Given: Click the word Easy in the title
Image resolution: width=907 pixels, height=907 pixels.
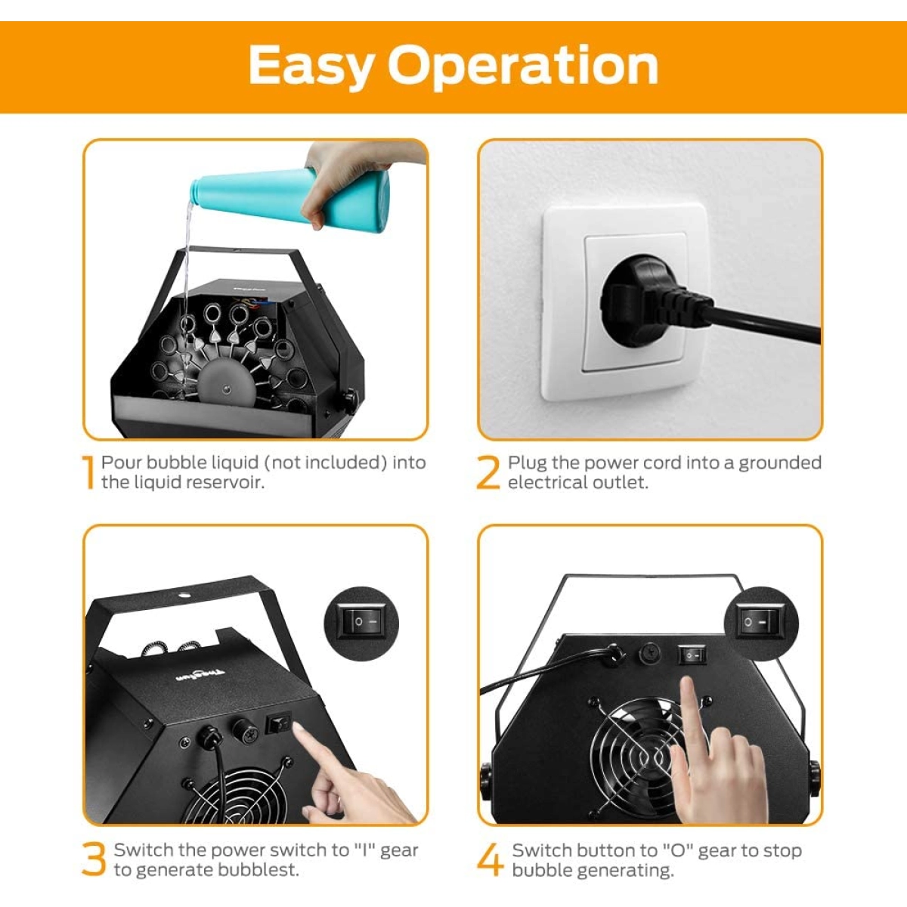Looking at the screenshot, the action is [311, 66].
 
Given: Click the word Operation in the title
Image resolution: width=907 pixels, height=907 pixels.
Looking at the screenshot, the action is [522, 66].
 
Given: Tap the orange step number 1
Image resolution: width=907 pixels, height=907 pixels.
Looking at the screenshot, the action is [88, 472].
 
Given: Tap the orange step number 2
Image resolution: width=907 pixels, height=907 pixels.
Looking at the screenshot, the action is [488, 472].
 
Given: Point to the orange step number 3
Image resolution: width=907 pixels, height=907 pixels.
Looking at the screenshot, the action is [94, 859].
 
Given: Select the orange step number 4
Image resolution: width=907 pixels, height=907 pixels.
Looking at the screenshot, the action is [490, 859].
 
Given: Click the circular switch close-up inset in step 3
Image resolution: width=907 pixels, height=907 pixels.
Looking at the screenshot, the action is [361, 623].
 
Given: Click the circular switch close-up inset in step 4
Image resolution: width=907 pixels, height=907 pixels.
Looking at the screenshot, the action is [760, 623].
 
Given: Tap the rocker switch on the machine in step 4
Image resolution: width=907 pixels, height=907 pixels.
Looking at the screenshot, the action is [692, 655].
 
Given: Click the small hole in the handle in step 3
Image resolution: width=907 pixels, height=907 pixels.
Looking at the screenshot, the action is [184, 596].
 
